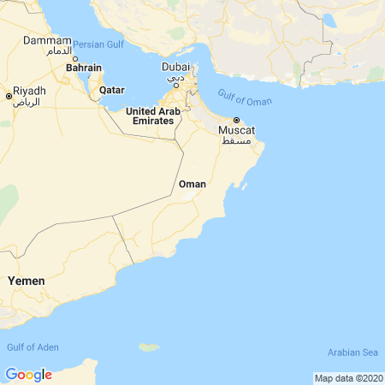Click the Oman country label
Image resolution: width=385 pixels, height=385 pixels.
[x=192, y=184]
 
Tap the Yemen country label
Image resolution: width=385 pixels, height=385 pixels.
[x=26, y=281]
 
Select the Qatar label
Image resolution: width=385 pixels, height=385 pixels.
[x=112, y=90]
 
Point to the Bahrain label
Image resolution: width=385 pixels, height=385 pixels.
[x=84, y=68]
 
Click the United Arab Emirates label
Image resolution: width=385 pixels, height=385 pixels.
[x=153, y=116]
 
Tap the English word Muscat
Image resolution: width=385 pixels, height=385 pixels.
[x=237, y=130]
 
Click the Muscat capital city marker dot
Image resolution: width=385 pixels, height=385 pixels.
[x=236, y=120]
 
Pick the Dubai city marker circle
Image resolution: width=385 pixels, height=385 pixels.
[x=175, y=85]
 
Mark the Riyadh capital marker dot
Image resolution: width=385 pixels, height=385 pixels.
[x=9, y=97]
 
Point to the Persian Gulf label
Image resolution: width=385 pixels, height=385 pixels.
[x=98, y=44]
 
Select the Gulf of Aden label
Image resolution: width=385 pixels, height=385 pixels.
[x=33, y=346]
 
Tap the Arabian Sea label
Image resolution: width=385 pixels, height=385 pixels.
[x=352, y=352]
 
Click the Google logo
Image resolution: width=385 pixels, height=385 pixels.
[x=28, y=375]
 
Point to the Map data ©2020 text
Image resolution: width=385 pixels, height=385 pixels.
[x=348, y=378]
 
